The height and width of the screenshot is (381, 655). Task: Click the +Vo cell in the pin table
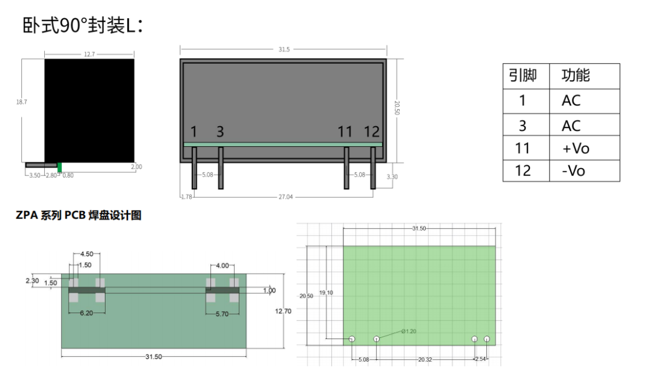click(x=576, y=148)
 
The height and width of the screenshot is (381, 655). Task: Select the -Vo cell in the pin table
click(x=573, y=170)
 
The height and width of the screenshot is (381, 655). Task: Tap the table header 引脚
click(x=523, y=76)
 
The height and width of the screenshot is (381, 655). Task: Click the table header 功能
click(x=576, y=75)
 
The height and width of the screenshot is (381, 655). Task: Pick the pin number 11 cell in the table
click(x=522, y=148)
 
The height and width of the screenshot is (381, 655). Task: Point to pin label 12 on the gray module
click(x=371, y=132)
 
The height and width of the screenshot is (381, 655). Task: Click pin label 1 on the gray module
click(x=193, y=132)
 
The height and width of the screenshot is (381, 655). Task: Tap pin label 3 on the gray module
click(x=220, y=132)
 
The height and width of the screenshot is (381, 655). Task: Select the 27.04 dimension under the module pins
click(x=286, y=197)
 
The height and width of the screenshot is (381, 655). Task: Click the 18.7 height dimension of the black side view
click(x=21, y=102)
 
